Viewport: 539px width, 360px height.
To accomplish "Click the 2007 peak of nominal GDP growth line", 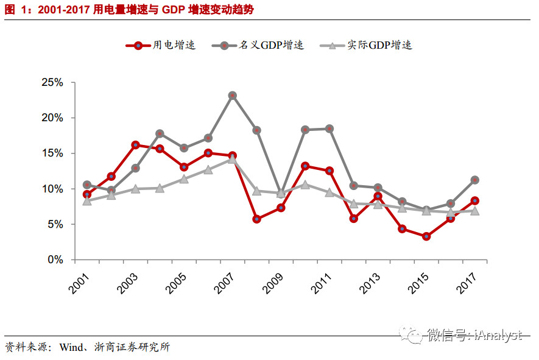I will coord(232,96).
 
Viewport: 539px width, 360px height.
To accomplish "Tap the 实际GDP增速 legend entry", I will coord(365,45).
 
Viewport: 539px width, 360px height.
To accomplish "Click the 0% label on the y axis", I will coord(55,259).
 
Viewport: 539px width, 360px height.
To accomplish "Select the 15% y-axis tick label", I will coord(52,154).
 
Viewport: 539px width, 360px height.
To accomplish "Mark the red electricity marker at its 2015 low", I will coord(426,236).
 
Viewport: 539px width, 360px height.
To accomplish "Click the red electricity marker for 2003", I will coord(135,145).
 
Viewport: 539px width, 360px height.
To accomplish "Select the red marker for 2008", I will coord(256,219).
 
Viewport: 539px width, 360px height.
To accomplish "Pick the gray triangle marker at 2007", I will coord(232,159).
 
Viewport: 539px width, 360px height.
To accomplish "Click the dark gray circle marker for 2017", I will coord(474,180).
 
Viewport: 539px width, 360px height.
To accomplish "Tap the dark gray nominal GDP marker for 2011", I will coord(329,129).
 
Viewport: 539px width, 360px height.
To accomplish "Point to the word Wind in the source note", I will coord(71,348).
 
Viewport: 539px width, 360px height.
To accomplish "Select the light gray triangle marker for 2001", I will coord(87,201).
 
